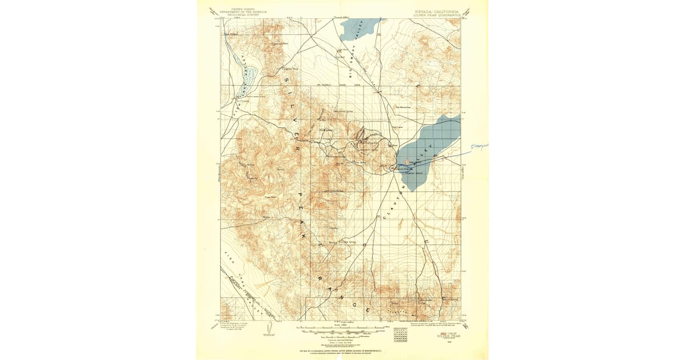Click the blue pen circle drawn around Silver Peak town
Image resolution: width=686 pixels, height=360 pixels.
(392, 167)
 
